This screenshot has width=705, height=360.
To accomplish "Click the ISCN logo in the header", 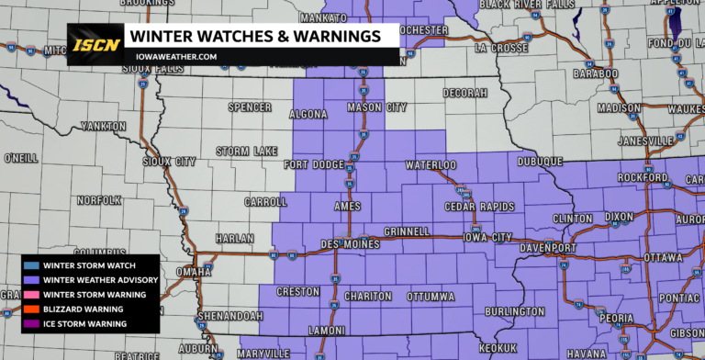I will coord(94,44).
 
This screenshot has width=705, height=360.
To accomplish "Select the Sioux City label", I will coord(171,162).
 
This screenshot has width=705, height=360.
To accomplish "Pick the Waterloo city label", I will coord(431,165).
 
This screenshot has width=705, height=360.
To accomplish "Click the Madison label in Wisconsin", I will coord(618,107).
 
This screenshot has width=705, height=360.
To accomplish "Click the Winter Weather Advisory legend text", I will coord(101,280).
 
